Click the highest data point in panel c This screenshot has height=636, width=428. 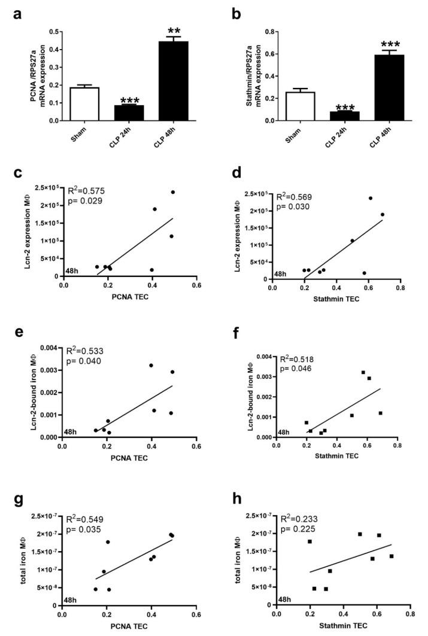point(173,192)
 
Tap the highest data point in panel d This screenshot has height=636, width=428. point(370,198)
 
